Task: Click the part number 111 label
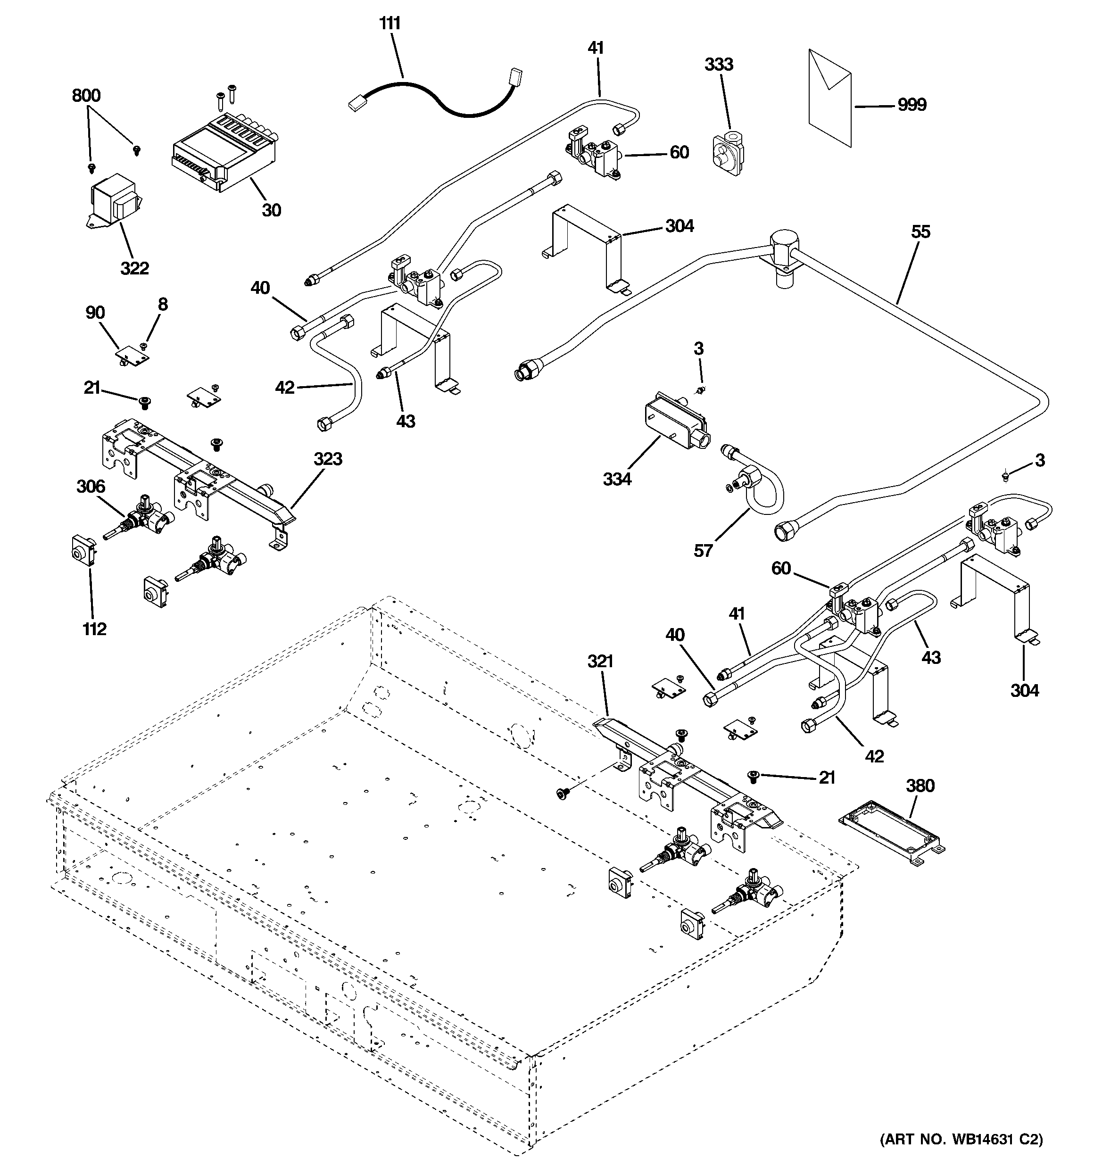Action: (390, 24)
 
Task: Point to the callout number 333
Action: (719, 65)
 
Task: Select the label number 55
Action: (920, 232)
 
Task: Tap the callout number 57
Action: (703, 551)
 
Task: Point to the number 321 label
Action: (600, 662)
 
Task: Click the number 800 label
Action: (86, 96)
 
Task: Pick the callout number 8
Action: (163, 304)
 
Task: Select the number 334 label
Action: (617, 479)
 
